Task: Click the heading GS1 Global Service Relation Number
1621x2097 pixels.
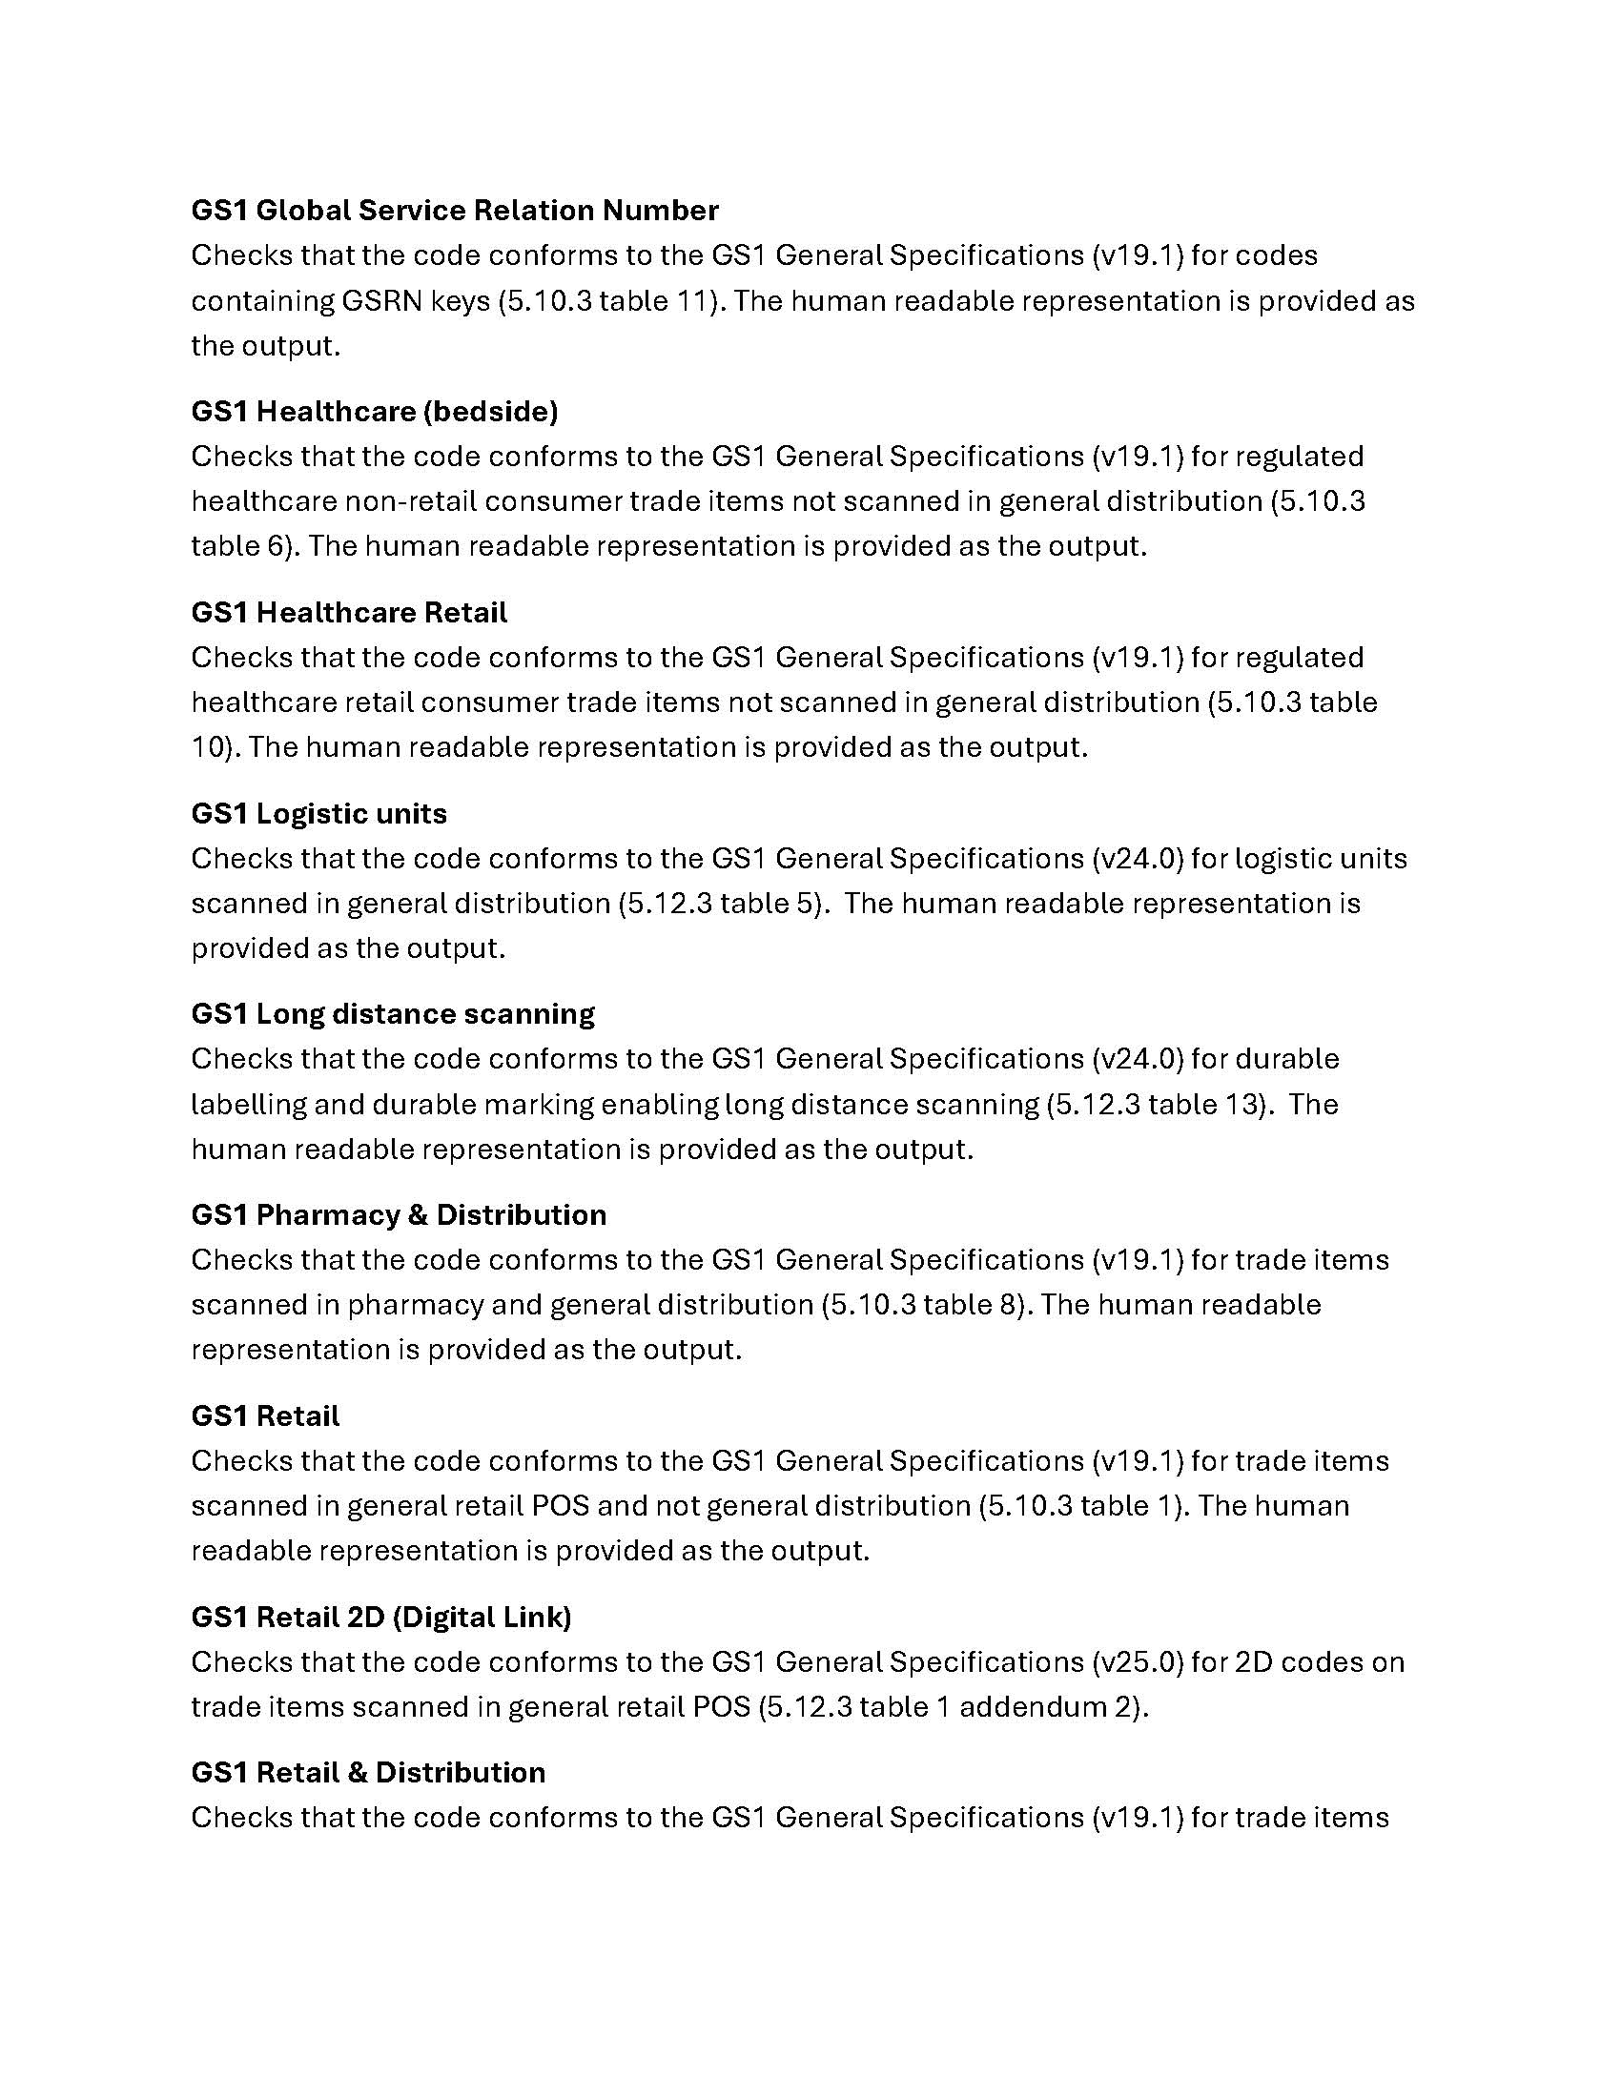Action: [454, 211]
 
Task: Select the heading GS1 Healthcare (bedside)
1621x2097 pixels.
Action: [375, 411]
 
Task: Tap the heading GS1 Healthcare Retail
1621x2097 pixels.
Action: [349, 612]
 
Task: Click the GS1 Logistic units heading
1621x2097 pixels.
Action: [318, 813]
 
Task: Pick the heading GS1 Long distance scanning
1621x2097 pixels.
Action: [393, 1014]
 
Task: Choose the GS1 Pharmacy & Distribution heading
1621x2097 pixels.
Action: [399, 1214]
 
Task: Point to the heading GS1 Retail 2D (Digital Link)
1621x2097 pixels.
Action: [381, 1617]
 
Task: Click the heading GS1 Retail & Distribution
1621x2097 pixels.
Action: [368, 1772]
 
